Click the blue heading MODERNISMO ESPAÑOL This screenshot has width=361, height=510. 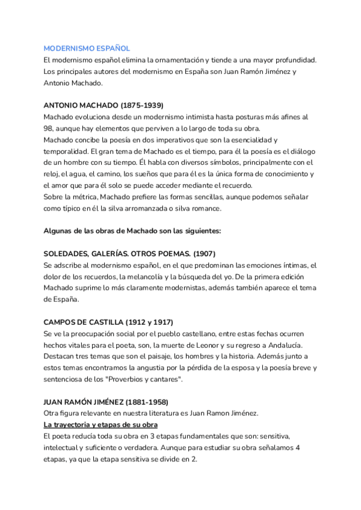[87, 48]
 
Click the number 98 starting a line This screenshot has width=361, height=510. [49, 128]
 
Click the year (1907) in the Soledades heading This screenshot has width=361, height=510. [203, 254]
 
